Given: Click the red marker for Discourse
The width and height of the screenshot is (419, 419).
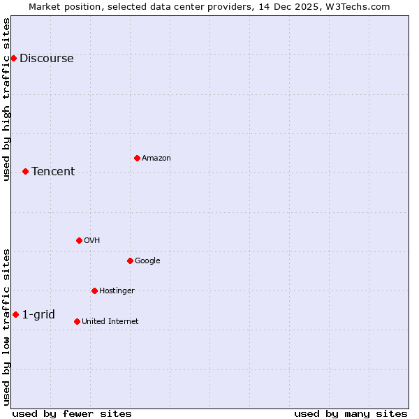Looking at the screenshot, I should [x=13, y=58].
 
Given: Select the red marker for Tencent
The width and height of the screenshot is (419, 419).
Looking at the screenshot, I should [x=25, y=171].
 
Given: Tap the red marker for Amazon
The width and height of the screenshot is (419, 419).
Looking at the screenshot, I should [x=137, y=158].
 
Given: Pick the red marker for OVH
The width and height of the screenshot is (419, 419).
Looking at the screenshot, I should [x=79, y=240].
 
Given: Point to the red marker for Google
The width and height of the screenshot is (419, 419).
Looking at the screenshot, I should [x=130, y=260].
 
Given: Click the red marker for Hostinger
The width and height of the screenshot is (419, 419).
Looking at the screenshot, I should [x=94, y=291].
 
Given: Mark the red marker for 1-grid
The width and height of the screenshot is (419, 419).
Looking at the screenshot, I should [x=15, y=314].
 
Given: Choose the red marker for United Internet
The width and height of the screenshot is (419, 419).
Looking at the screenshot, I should [x=77, y=321].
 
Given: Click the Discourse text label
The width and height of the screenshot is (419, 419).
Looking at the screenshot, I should [x=46, y=59].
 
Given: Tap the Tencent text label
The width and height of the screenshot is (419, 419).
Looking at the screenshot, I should [x=53, y=172].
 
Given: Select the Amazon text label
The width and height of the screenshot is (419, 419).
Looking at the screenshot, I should [x=156, y=159].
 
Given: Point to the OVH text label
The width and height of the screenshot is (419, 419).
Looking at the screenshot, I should [x=92, y=241].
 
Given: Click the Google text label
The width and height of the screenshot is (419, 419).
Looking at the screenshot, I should [x=147, y=261].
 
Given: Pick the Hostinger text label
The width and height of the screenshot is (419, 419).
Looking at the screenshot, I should [x=117, y=291].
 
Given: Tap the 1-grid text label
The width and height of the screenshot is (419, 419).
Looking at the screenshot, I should [x=38, y=315].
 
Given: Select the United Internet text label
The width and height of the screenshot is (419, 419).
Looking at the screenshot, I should [x=110, y=322].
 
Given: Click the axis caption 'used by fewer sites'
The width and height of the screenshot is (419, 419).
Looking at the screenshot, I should [x=72, y=413].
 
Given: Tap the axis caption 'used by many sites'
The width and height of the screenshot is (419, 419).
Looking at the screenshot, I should [x=351, y=413].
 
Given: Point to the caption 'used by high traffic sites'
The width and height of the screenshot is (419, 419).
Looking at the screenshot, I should [x=7, y=99].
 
